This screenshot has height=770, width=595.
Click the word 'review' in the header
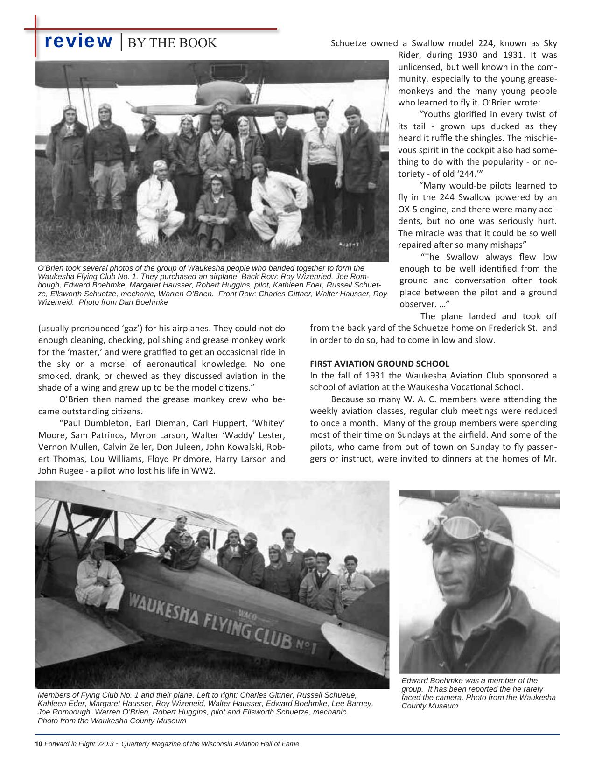pyautogui.click(x=78, y=41)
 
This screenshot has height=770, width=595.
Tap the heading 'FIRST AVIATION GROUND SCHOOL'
pyautogui.click(x=379, y=364)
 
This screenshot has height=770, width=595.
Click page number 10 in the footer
pyautogui.click(x=39, y=744)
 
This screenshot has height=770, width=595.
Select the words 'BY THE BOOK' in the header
pyautogui.click(x=172, y=42)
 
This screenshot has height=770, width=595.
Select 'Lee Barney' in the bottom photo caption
pyautogui.click(x=355, y=703)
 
